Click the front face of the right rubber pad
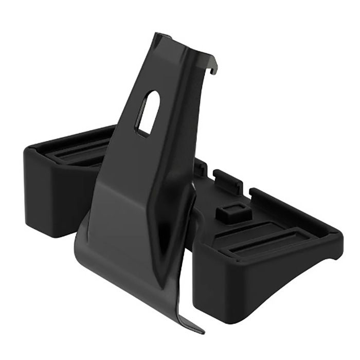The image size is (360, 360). click(267, 288)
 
